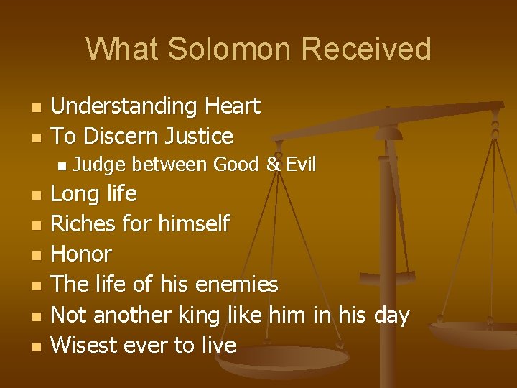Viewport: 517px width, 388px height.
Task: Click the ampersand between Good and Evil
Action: click(x=273, y=165)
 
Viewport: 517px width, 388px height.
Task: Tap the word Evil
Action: click(x=301, y=165)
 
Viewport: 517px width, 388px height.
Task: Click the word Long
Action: click(x=74, y=194)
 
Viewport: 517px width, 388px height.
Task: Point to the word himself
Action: click(x=192, y=224)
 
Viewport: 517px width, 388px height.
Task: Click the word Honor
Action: click(x=81, y=254)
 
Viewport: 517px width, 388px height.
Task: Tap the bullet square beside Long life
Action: click(x=34, y=195)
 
